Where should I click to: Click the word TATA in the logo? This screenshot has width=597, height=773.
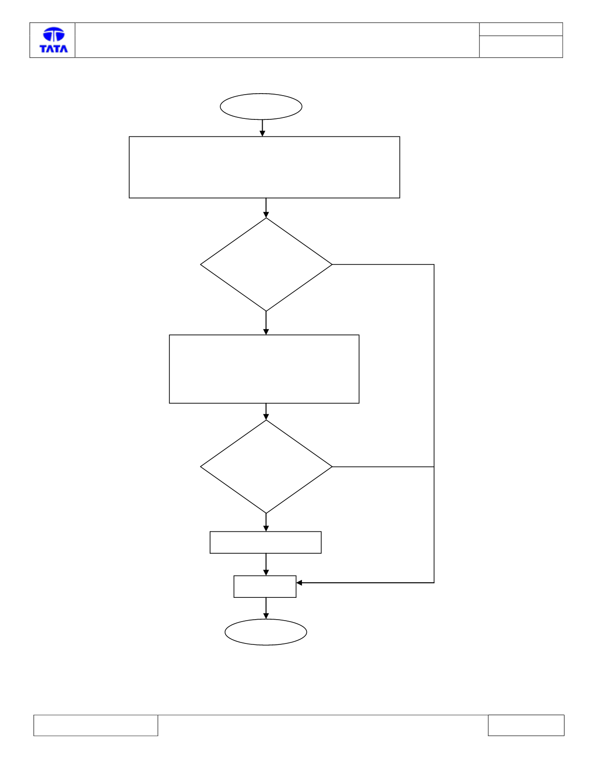pos(53,49)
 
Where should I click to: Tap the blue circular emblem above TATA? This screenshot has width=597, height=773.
pos(54,34)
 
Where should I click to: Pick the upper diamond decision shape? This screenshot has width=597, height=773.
pos(200,264)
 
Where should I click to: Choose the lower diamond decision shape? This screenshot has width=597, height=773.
pos(200,466)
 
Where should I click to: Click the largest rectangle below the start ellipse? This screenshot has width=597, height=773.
pos(129,167)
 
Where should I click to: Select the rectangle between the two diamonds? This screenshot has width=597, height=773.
pos(169,369)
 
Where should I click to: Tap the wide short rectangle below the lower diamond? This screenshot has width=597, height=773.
pos(210,542)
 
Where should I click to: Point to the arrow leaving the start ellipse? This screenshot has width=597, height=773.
pos(262,128)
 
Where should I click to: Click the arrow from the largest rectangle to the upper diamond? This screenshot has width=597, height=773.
pos(266,208)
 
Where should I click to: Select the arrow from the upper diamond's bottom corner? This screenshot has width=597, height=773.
pos(266,323)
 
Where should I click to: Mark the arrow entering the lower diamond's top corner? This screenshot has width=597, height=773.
pos(266,411)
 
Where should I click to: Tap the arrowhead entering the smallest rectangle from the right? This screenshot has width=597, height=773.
pos(299,583)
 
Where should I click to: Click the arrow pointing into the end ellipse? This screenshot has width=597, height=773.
pos(266,609)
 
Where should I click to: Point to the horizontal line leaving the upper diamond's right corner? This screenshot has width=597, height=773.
pos(383,264)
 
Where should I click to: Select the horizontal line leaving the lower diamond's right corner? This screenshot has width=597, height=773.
pos(383,466)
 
